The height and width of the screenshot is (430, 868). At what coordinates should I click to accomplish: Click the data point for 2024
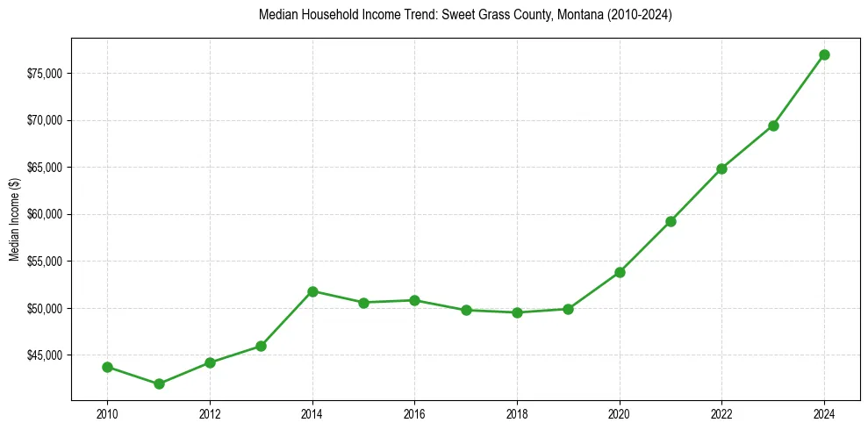pyautogui.click(x=824, y=54)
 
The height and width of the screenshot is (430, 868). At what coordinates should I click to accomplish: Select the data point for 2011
pyautogui.click(x=159, y=383)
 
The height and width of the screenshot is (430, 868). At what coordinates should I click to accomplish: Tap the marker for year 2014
pyautogui.click(x=312, y=290)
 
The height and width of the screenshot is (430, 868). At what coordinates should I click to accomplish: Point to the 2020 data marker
pyautogui.click(x=620, y=272)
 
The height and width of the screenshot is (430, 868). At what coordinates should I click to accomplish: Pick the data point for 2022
pyautogui.click(x=721, y=168)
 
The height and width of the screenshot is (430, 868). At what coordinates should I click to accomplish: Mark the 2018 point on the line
pyautogui.click(x=517, y=312)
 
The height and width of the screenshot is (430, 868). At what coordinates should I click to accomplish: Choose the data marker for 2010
pyautogui.click(x=107, y=367)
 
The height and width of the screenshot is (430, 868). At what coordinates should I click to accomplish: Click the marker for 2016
pyautogui.click(x=414, y=300)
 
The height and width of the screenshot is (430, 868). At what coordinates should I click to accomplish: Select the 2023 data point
pyautogui.click(x=773, y=125)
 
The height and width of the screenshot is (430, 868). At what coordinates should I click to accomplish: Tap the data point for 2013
pyautogui.click(x=261, y=346)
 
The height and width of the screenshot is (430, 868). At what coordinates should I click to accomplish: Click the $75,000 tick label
pyautogui.click(x=44, y=74)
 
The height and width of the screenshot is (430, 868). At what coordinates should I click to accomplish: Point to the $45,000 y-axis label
pyautogui.click(x=44, y=355)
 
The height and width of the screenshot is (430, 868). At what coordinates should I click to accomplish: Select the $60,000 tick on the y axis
pyautogui.click(x=44, y=214)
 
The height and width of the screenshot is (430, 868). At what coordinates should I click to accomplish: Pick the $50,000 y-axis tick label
pyautogui.click(x=44, y=309)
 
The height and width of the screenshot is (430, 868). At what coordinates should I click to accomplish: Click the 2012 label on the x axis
pyautogui.click(x=210, y=412)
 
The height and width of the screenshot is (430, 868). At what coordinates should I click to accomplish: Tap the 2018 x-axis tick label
pyautogui.click(x=517, y=412)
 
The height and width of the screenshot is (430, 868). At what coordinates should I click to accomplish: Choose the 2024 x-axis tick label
pyautogui.click(x=824, y=412)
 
